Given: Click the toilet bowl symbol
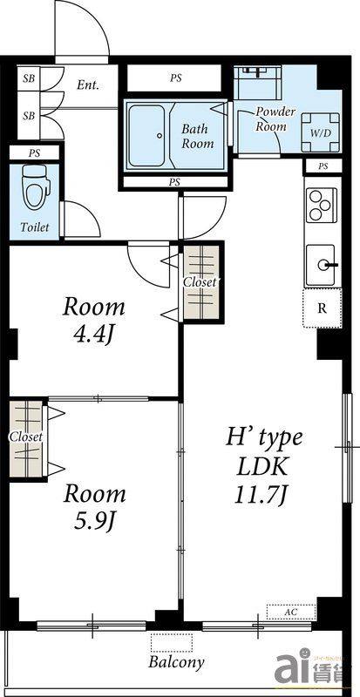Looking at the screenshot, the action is pyautogui.click(x=36, y=187).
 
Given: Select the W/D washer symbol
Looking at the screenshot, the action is pyautogui.click(x=321, y=132).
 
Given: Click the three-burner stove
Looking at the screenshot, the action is pyautogui.click(x=322, y=205).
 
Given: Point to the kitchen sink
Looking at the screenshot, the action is pyautogui.click(x=322, y=266).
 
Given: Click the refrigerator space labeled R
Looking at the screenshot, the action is pyautogui.click(x=323, y=308).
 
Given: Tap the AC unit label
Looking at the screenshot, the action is pyautogui.click(x=291, y=612).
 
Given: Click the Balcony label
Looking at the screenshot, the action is pyautogui.click(x=176, y=662).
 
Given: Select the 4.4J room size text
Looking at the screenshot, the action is pyautogui.click(x=93, y=335).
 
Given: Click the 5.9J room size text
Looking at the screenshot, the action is pyautogui.click(x=94, y=520).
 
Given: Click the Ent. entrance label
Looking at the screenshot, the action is pyautogui.click(x=87, y=85).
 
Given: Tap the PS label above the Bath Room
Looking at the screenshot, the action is pyautogui.click(x=176, y=78).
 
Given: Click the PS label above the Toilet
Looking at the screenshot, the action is pyautogui.click(x=34, y=153).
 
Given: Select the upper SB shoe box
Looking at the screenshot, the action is pyautogui.click(x=29, y=79).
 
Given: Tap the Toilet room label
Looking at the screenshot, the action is pyautogui.click(x=34, y=227).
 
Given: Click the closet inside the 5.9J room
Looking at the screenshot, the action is pyautogui.click(x=27, y=439).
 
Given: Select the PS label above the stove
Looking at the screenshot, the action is pyautogui.click(x=323, y=166).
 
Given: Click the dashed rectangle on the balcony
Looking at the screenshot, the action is pyautogui.click(x=172, y=643).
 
